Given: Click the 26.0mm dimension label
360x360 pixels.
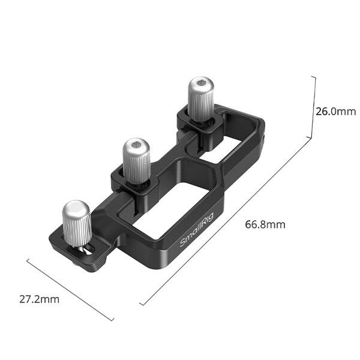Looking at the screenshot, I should pyautogui.click(x=335, y=111).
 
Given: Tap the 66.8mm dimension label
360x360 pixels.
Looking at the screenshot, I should pyautogui.click(x=265, y=225).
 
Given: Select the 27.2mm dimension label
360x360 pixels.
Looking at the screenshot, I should pyautogui.click(x=38, y=299).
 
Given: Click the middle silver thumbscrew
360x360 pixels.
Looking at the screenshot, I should pyautogui.click(x=136, y=160).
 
